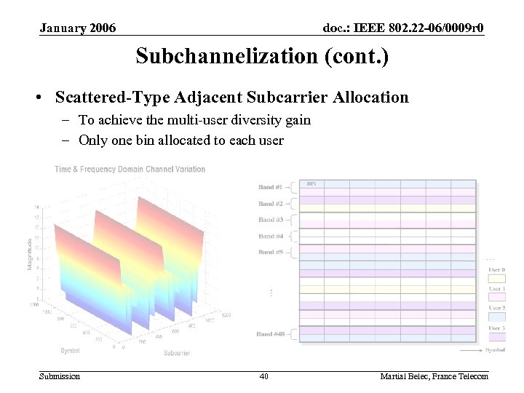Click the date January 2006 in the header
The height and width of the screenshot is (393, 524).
[x=78, y=28]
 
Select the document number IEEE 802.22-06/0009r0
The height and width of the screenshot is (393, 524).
[x=404, y=28]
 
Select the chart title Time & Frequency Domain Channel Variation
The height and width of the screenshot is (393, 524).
[x=130, y=170]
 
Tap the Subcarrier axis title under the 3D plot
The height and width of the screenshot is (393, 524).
[x=178, y=354]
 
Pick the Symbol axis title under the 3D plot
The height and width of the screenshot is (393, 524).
[x=71, y=350]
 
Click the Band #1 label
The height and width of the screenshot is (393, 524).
[x=271, y=187]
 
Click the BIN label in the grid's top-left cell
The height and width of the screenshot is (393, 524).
[x=311, y=184]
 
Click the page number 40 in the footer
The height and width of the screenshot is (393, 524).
[x=264, y=376]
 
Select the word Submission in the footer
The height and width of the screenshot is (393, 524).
[x=60, y=376]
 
